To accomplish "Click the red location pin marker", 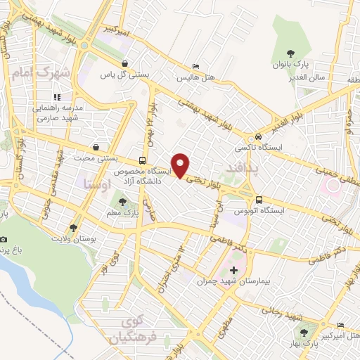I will [x=181, y=165].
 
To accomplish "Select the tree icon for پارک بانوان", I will [x=289, y=53].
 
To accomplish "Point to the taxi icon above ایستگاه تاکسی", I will [x=259, y=136].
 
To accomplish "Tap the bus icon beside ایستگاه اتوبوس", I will [x=259, y=200].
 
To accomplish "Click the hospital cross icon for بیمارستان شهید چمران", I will [x=234, y=270].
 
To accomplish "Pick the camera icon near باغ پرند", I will [x=5, y=240].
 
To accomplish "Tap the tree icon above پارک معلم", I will [x=124, y=203].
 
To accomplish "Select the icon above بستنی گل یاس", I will [x=125, y=63].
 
